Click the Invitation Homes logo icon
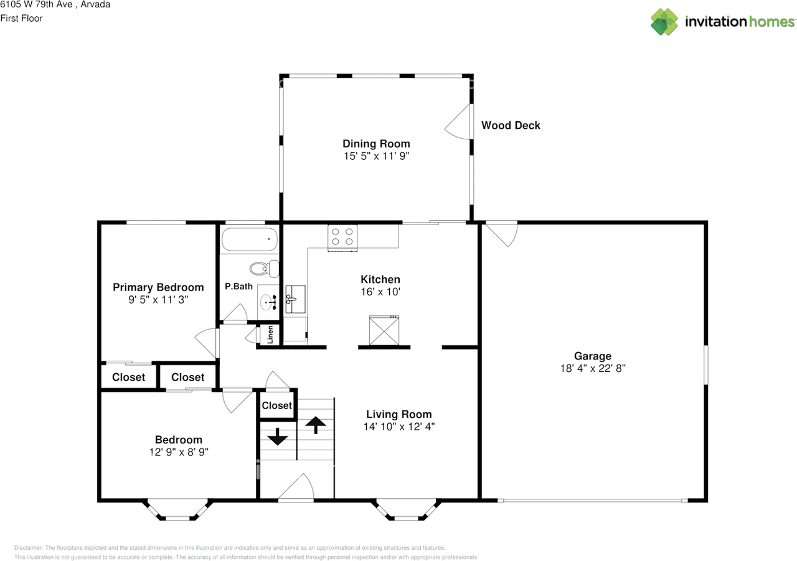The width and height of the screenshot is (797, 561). pyautogui.click(x=664, y=22)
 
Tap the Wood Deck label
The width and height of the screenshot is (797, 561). pyautogui.click(x=511, y=125)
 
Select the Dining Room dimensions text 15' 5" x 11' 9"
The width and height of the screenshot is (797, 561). pyautogui.click(x=376, y=156)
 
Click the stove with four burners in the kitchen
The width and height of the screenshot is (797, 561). pyautogui.click(x=342, y=237)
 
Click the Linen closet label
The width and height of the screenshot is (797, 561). pyautogui.click(x=270, y=335)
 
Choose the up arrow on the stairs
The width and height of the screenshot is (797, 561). pyautogui.click(x=316, y=425)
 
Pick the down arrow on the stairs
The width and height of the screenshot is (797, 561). pyautogui.click(x=277, y=437)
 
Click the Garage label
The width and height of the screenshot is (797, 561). pyautogui.click(x=592, y=356)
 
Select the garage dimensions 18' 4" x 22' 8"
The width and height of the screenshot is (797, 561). pyautogui.click(x=592, y=368)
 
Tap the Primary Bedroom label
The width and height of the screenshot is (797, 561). pyautogui.click(x=158, y=287)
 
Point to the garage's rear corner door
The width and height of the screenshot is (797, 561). pyautogui.click(x=501, y=234)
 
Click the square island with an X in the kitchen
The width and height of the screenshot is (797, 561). pyautogui.click(x=384, y=330)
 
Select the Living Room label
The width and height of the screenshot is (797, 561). pyautogui.click(x=398, y=414)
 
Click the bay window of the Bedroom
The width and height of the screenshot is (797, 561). pyautogui.click(x=178, y=512)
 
